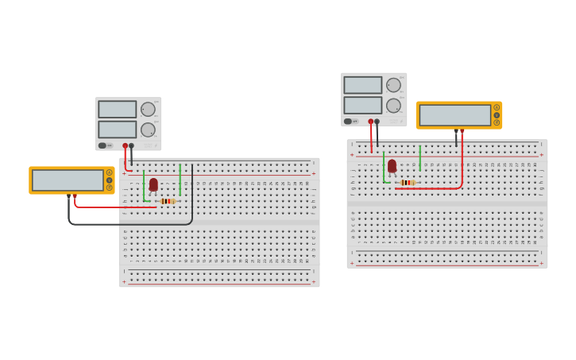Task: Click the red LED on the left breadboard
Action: tap(153, 184)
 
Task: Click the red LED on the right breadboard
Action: tap(392, 165)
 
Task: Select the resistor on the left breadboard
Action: tap(167, 201)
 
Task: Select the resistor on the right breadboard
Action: tap(407, 183)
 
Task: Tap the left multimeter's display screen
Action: tap(68, 180)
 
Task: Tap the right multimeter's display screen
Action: tap(455, 115)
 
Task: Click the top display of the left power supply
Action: tap(118, 110)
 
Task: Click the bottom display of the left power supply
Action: tap(118, 130)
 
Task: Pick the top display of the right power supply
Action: tap(363, 85)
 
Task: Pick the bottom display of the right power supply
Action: tap(363, 105)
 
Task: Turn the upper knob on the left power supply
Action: tap(148, 110)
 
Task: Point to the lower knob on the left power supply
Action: tap(148, 130)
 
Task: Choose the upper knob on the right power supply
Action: tap(393, 85)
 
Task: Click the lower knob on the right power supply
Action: tap(393, 106)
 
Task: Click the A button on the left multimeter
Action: tap(109, 172)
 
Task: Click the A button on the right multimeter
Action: tap(497, 107)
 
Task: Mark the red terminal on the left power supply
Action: tap(125, 145)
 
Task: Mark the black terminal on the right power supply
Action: tap(377, 122)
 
